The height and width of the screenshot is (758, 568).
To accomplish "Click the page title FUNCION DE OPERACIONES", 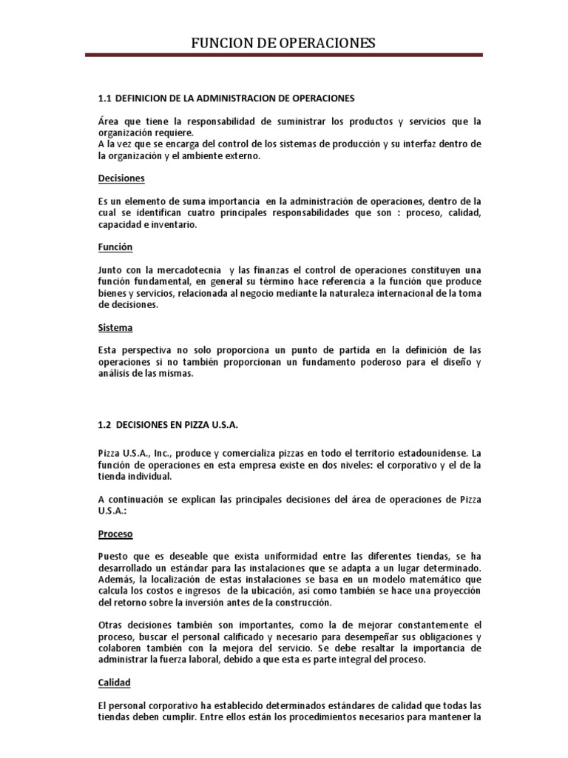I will click(x=283, y=44).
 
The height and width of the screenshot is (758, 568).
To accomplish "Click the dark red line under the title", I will click(x=283, y=55).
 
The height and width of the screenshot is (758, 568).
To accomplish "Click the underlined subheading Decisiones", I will click(x=121, y=178).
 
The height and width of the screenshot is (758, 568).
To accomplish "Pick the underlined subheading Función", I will click(x=115, y=247).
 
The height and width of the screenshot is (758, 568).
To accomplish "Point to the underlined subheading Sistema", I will click(x=115, y=326).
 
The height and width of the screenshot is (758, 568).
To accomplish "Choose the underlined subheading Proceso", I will click(x=117, y=533).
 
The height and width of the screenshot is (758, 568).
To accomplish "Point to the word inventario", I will click(x=174, y=224).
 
